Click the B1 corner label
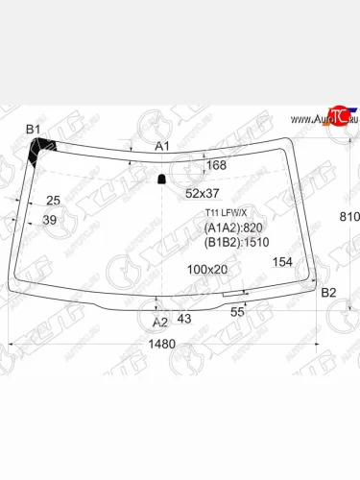coord(34,129)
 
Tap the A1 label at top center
coord(163,145)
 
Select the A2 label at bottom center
coord(160,322)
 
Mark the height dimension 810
coord(348,218)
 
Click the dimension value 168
coord(217,166)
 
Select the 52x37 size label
coord(203,193)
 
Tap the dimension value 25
coord(54,200)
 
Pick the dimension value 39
coord(50,220)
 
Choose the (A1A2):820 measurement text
coord(233,228)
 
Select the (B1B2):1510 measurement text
coord(236,243)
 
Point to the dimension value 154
coord(282,261)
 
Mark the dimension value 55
coord(237,311)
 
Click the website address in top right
coord(321,118)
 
